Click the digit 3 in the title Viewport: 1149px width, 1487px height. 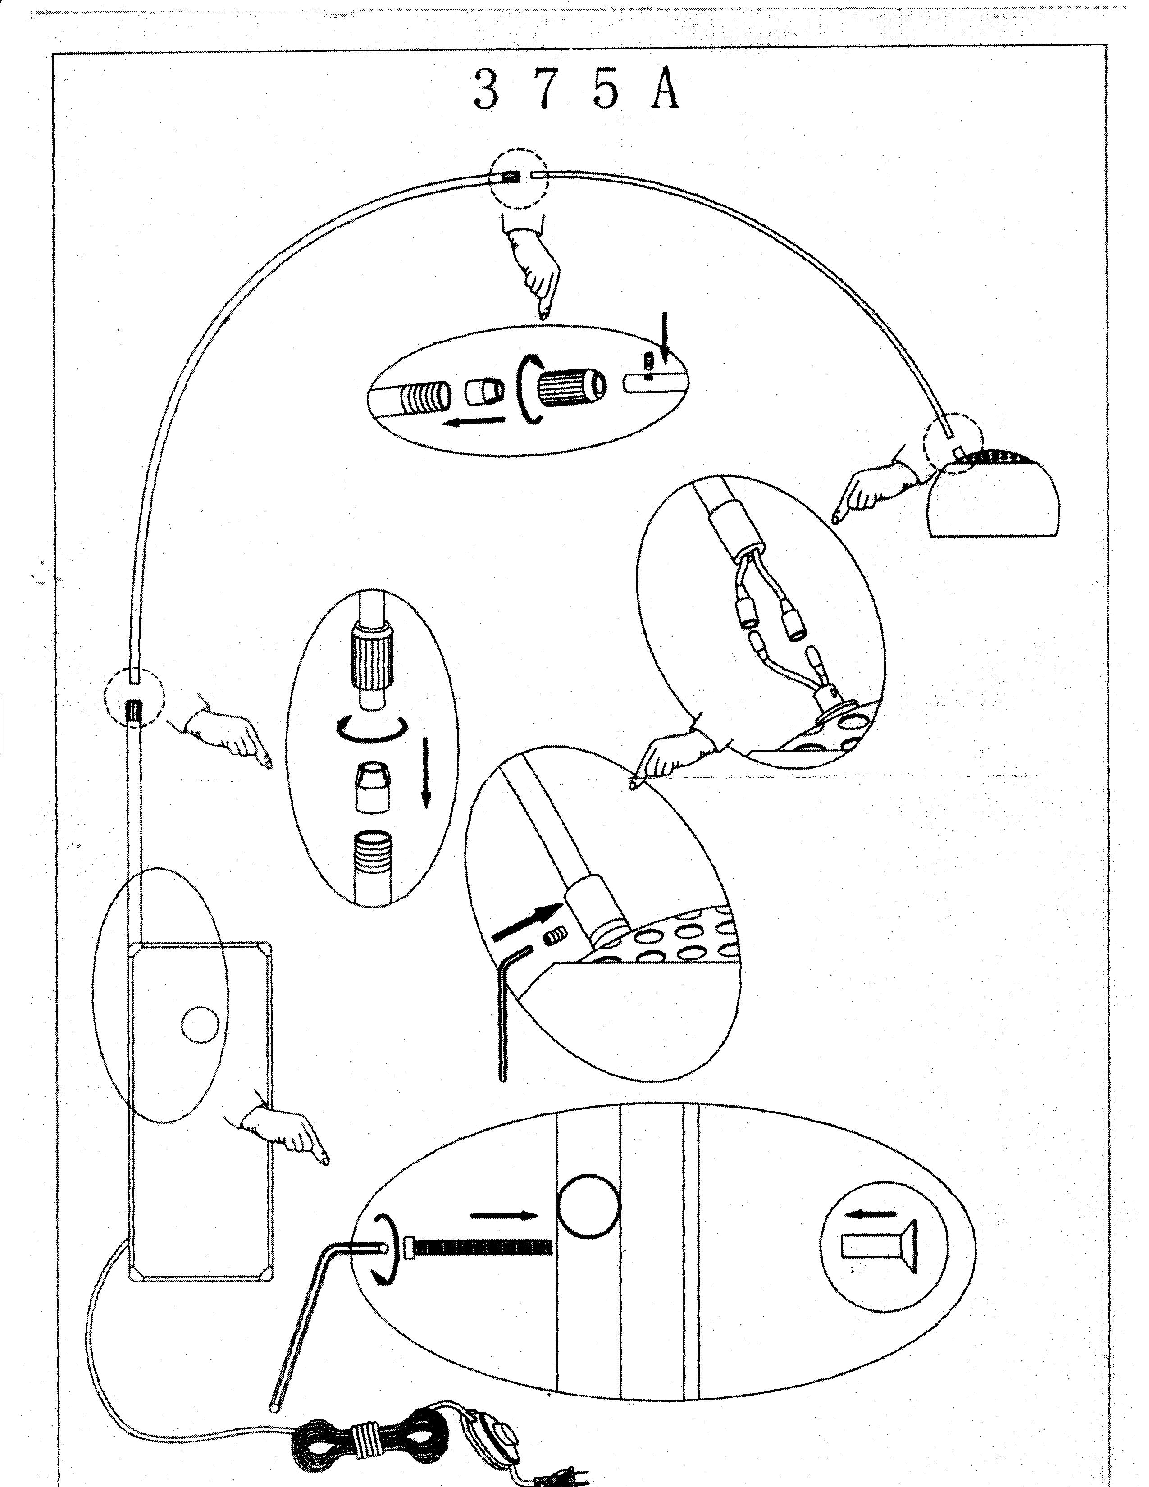(x=487, y=90)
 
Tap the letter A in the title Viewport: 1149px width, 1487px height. (x=664, y=90)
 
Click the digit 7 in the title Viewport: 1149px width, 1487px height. (x=545, y=90)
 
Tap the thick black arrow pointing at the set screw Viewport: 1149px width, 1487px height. (x=526, y=923)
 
